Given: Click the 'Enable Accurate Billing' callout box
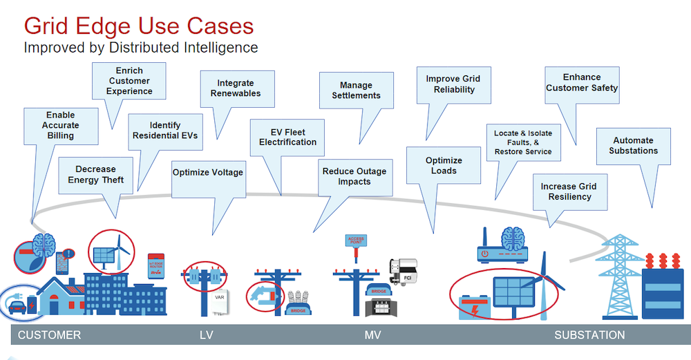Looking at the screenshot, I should point(60,126).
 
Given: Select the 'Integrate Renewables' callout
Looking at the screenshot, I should point(235,88).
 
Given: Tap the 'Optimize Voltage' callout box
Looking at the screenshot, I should point(207,172).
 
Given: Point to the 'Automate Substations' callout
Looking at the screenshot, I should point(633,145).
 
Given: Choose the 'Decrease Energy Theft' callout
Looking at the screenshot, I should point(96,175).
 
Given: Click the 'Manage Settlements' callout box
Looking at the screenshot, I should point(356,91).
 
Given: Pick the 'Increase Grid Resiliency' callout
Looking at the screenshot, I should point(568,191).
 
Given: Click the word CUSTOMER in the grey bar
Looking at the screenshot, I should point(49,335).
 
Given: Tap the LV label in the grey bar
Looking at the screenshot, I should point(206,335).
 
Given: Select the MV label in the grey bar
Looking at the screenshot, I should point(372,335).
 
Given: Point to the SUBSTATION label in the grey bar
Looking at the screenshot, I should point(589,335).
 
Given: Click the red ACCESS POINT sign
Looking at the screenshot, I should point(356,241).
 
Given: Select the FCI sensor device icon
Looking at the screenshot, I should point(402,269).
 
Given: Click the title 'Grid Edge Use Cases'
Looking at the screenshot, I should point(139,26).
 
